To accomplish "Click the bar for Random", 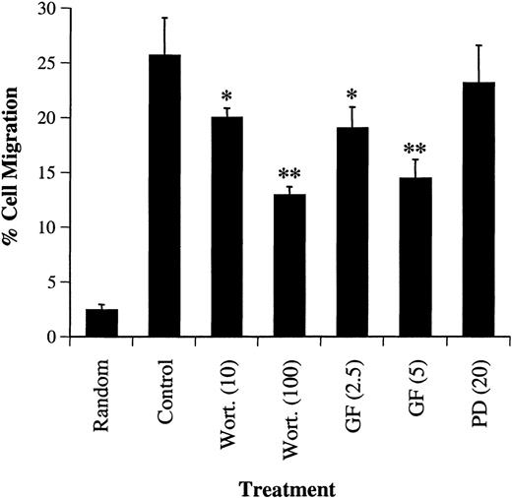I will pyautogui.click(x=102, y=324).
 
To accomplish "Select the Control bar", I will pyautogui.click(x=164, y=197).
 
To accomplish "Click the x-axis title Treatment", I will pyautogui.click(x=288, y=486).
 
